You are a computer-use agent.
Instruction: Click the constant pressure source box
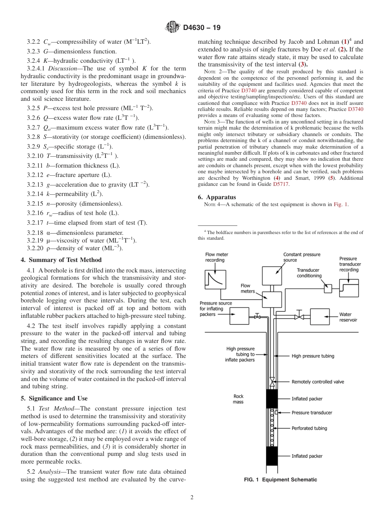272,276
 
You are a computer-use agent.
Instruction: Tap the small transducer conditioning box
328,288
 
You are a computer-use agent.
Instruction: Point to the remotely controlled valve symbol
272,381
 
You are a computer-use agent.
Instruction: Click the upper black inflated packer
272,398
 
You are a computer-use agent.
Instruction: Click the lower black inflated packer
272,456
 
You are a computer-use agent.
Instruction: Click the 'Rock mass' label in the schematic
238,399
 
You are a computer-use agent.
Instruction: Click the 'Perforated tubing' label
309,428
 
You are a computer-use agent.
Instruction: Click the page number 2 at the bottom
192,498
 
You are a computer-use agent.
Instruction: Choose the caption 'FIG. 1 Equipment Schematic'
281,479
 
